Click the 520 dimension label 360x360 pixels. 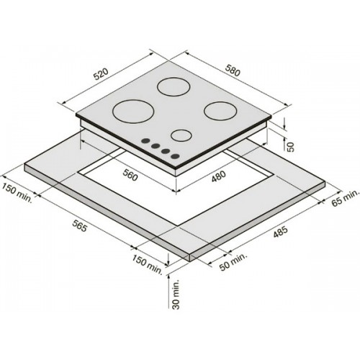coord(101,74)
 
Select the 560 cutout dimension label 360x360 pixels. coord(130,175)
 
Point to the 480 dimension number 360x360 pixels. coord(219,176)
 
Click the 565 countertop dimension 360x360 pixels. coord(79,225)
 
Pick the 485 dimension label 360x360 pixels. coord(280,232)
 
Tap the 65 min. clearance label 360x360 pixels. coord(346,197)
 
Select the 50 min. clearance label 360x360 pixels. coord(233,261)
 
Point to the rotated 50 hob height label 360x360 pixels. coord(290,147)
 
